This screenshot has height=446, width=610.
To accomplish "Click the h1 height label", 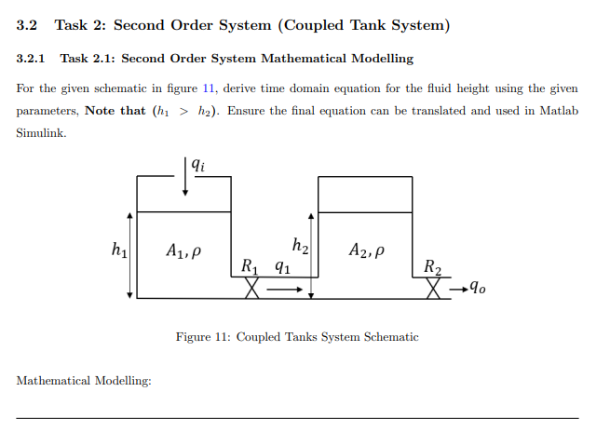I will click(119, 249).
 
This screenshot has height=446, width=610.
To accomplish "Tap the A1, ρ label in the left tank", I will click(183, 250).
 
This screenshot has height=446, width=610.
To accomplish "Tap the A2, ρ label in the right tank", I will click(366, 250).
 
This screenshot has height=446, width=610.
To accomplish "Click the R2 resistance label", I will click(433, 267).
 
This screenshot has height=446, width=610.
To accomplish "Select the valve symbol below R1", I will click(251, 289).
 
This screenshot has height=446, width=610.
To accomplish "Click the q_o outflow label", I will click(478, 288).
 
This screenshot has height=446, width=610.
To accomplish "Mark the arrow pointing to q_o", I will click(457, 289).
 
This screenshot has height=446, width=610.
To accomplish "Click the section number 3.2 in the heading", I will click(27, 25).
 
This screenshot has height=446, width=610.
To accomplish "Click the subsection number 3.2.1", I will click(31, 59).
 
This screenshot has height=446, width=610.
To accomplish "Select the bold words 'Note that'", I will click(115, 111).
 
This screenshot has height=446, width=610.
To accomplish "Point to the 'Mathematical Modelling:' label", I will click(84, 380).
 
